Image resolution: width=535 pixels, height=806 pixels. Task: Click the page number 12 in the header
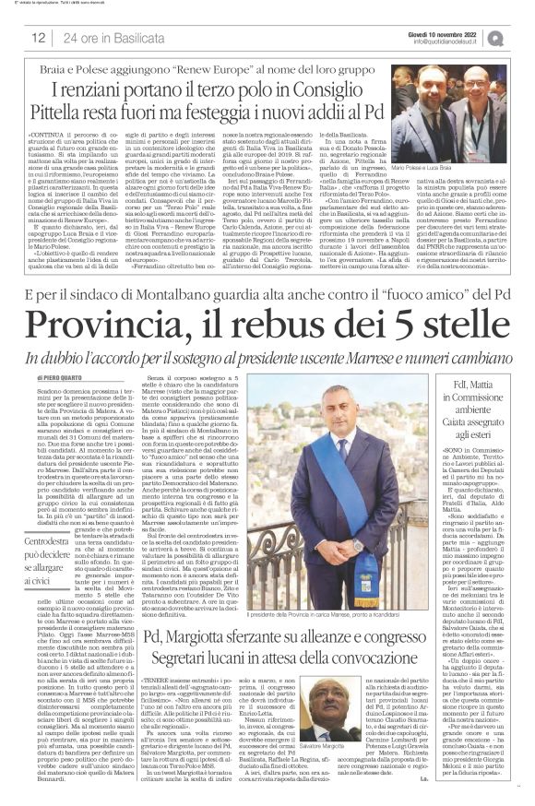coord(38,37)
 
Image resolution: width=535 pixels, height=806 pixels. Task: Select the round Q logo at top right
coord(516,37)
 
